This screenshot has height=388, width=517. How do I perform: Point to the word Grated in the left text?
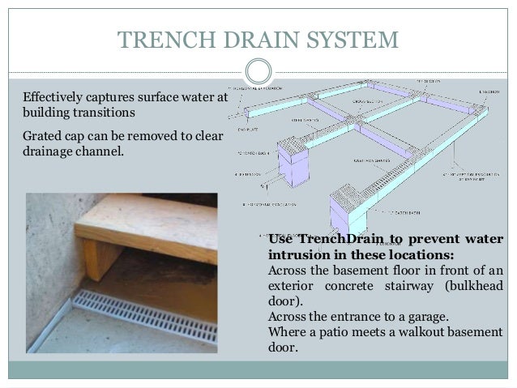point(43,133)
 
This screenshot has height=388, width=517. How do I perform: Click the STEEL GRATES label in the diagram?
point(306,119)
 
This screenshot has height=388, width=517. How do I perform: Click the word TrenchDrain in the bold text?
point(334,239)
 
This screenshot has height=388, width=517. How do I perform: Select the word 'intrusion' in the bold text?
point(297,254)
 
